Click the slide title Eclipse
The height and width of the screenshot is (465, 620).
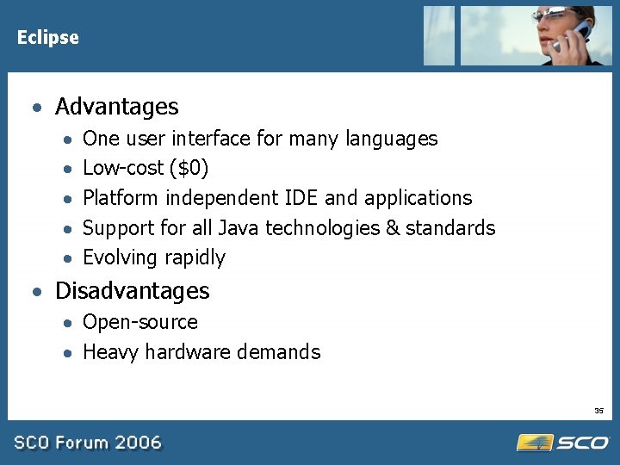coord(47,38)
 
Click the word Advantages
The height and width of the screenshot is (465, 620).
coord(116,107)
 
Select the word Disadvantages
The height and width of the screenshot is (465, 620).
coord(132,291)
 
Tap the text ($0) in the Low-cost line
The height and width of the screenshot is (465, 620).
coord(189,168)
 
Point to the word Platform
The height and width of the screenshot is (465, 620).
coord(120,198)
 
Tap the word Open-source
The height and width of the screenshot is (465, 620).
coord(139,322)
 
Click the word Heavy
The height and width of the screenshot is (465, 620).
coord(110,352)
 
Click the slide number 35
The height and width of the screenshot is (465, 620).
coord(599,411)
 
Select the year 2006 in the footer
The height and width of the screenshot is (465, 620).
coord(139,443)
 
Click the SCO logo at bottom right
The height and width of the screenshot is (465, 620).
coord(563,443)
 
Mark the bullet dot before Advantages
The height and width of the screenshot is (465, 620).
coord(35,108)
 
